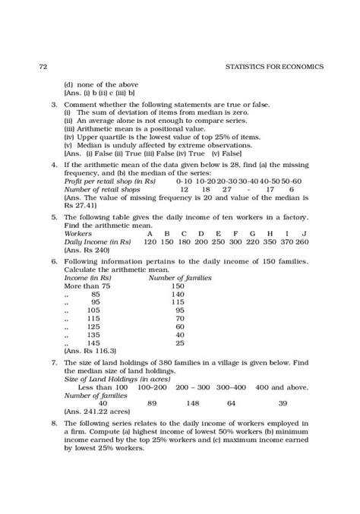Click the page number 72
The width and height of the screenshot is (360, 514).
tap(43, 66)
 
